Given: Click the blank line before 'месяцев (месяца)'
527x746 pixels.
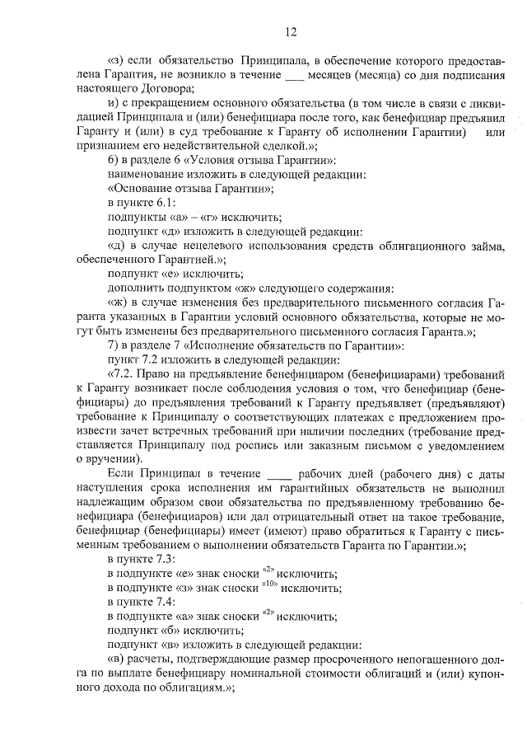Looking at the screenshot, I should point(294,75).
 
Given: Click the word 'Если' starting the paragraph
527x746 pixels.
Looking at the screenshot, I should point(122,476).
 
